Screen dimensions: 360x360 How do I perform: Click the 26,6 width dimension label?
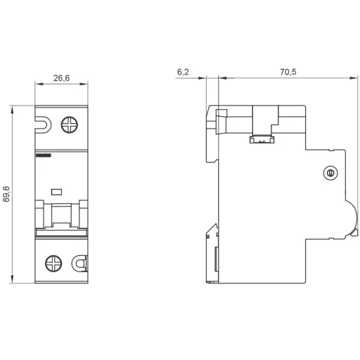coord(62,79)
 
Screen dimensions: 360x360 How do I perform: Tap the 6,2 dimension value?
coord(183,72)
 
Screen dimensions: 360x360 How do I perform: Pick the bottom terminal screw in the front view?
coord(53,264)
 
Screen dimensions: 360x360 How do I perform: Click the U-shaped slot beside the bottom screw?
coord(80,264)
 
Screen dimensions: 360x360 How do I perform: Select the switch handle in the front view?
coord(62,214)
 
